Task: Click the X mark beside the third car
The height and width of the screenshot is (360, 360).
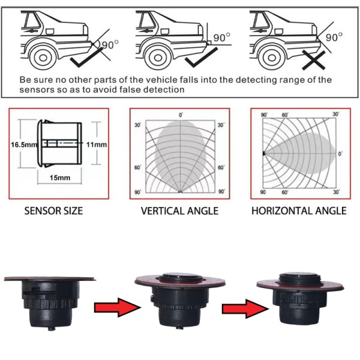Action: pos(313,60)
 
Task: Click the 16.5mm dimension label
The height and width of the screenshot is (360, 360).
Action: pos(24,145)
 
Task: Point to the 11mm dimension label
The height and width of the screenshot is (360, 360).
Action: pos(97,145)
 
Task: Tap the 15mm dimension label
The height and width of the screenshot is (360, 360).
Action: pos(60,178)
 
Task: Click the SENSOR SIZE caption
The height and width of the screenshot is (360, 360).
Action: pos(53,211)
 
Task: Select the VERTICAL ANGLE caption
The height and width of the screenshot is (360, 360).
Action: pos(179,211)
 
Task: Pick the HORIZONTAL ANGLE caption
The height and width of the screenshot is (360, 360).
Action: pos(299,211)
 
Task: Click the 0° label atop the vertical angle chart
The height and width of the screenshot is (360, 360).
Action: pos(181,115)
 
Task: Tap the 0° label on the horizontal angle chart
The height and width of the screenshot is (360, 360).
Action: pos(340,154)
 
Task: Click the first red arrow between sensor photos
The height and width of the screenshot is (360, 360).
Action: pos(117,307)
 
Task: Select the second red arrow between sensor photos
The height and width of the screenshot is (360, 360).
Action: pos(245,308)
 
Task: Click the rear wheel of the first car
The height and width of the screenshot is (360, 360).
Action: pos(43,58)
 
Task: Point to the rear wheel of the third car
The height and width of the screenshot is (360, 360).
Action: pos(272,58)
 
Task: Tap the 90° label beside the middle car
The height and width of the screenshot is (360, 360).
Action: pos(221,37)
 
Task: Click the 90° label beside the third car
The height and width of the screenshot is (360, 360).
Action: pos(334,37)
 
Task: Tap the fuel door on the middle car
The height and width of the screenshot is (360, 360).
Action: pos(164,31)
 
